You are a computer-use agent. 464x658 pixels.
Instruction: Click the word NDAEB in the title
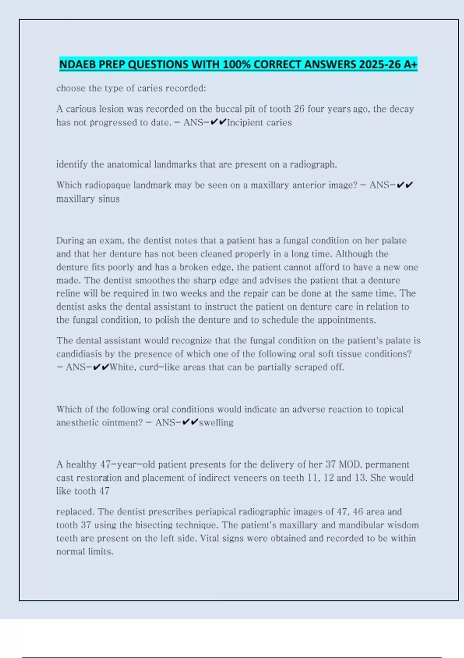[77, 64]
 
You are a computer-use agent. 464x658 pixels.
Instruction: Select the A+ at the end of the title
[410, 64]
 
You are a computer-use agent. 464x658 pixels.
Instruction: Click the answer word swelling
[216, 423]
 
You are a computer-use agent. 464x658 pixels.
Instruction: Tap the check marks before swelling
[190, 422]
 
